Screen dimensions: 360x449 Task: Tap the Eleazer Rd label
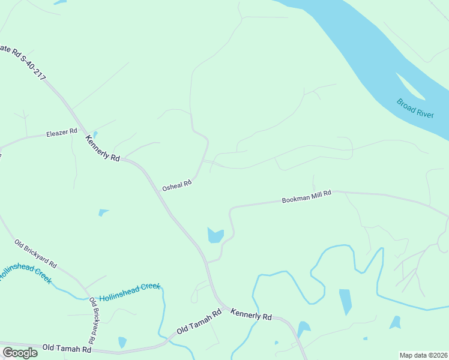[x=62, y=132]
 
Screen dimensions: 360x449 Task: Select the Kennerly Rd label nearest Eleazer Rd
[x=103, y=148]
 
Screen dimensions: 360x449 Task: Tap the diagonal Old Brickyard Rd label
[x=35, y=254]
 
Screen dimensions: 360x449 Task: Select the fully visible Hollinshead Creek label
[x=130, y=293]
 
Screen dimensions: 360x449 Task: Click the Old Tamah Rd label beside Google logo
[x=66, y=349]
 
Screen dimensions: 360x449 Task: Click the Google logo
[x=20, y=352]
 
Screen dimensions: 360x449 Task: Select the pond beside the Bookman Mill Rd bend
[x=215, y=235]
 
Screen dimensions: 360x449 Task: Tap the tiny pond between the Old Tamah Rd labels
[x=122, y=342]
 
